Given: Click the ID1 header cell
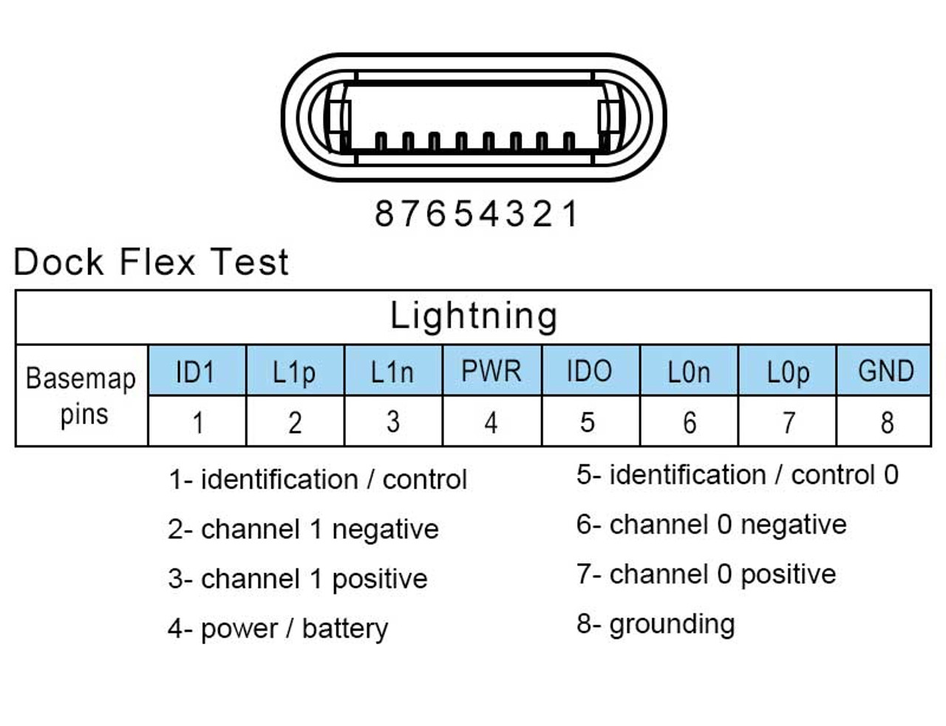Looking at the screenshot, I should click(197, 370).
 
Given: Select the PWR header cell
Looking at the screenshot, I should click(491, 370).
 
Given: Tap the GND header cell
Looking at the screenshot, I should click(885, 370).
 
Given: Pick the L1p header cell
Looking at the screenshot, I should click(294, 370).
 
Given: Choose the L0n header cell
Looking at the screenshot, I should click(689, 370).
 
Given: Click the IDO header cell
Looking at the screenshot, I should click(590, 370).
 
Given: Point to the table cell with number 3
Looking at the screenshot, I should click(393, 422).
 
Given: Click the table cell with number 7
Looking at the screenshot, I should click(788, 422).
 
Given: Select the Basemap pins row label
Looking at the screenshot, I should click(81, 396).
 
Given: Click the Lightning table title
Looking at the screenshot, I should click(473, 316).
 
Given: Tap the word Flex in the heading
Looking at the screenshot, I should click(157, 262).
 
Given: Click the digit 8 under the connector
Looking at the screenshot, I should click(384, 214).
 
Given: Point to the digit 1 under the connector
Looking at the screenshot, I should click(570, 214).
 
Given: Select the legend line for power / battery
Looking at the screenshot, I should click(278, 629).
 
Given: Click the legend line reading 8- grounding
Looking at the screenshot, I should click(656, 624).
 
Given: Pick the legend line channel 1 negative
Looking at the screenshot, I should click(303, 529).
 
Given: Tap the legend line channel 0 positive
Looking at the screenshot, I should click(706, 574).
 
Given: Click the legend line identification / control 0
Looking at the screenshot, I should click(737, 475).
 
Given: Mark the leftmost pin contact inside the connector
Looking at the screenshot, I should click(381, 141).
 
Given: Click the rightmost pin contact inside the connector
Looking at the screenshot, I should click(568, 141).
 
